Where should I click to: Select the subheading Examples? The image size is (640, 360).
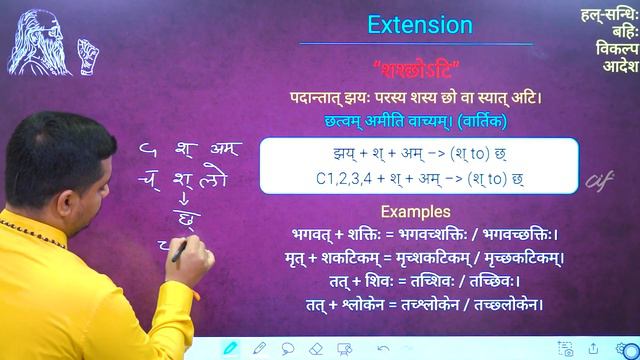pos(417,212)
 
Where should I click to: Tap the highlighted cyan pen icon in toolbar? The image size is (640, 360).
pos(231,348)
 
